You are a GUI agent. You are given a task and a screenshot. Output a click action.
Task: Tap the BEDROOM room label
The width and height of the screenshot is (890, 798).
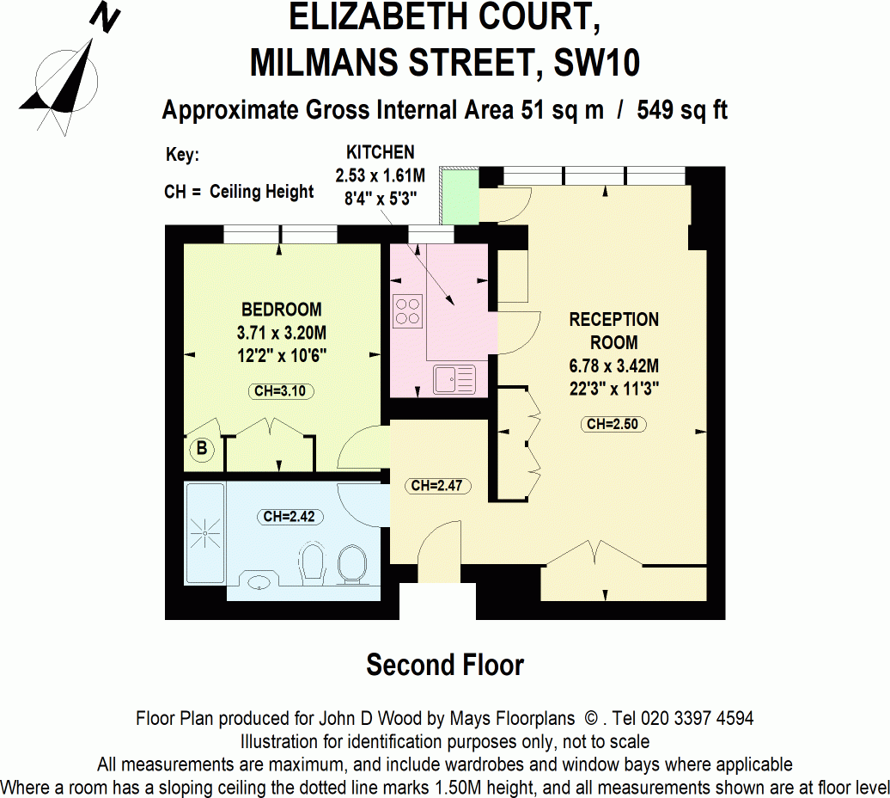281,310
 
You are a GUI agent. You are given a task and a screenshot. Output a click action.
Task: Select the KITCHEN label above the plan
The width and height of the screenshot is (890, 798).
380,153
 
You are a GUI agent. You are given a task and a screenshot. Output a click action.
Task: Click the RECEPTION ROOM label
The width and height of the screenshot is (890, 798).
614,330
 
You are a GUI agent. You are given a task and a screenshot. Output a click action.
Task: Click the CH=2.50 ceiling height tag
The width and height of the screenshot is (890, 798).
614,424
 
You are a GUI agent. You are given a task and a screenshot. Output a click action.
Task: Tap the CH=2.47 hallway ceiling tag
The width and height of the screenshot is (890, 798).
436,486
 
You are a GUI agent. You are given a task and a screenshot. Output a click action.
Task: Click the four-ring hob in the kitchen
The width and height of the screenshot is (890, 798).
408,310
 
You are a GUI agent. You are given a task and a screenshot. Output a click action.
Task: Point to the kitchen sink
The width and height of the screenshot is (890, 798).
453,378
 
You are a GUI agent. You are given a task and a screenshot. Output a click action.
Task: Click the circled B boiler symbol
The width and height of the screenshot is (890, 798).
202,449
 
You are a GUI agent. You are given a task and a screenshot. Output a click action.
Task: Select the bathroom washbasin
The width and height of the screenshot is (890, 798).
259,582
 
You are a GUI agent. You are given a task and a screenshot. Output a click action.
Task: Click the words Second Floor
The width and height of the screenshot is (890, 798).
445,665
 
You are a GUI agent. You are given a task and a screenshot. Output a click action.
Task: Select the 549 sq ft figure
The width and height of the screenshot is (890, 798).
683,110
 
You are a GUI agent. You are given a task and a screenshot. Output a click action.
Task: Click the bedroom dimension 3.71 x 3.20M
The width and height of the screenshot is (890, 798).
281,332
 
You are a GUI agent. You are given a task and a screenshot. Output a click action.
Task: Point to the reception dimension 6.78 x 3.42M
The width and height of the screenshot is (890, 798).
614,365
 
